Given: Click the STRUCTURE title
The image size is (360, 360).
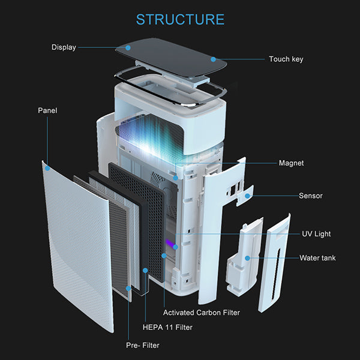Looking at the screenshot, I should (x=180, y=19).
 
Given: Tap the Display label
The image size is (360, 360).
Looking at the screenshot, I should (x=64, y=47).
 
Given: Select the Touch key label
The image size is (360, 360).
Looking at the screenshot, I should (x=286, y=59).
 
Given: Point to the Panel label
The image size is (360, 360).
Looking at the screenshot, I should (x=47, y=110).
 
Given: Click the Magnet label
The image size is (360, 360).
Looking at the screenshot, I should (x=291, y=163).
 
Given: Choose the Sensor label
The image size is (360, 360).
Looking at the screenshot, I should (x=311, y=196).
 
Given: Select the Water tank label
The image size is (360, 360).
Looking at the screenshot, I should (x=317, y=258).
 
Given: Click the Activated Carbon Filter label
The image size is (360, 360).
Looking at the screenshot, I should (x=201, y=313).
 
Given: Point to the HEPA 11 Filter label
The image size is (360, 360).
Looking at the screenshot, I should (x=167, y=328).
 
